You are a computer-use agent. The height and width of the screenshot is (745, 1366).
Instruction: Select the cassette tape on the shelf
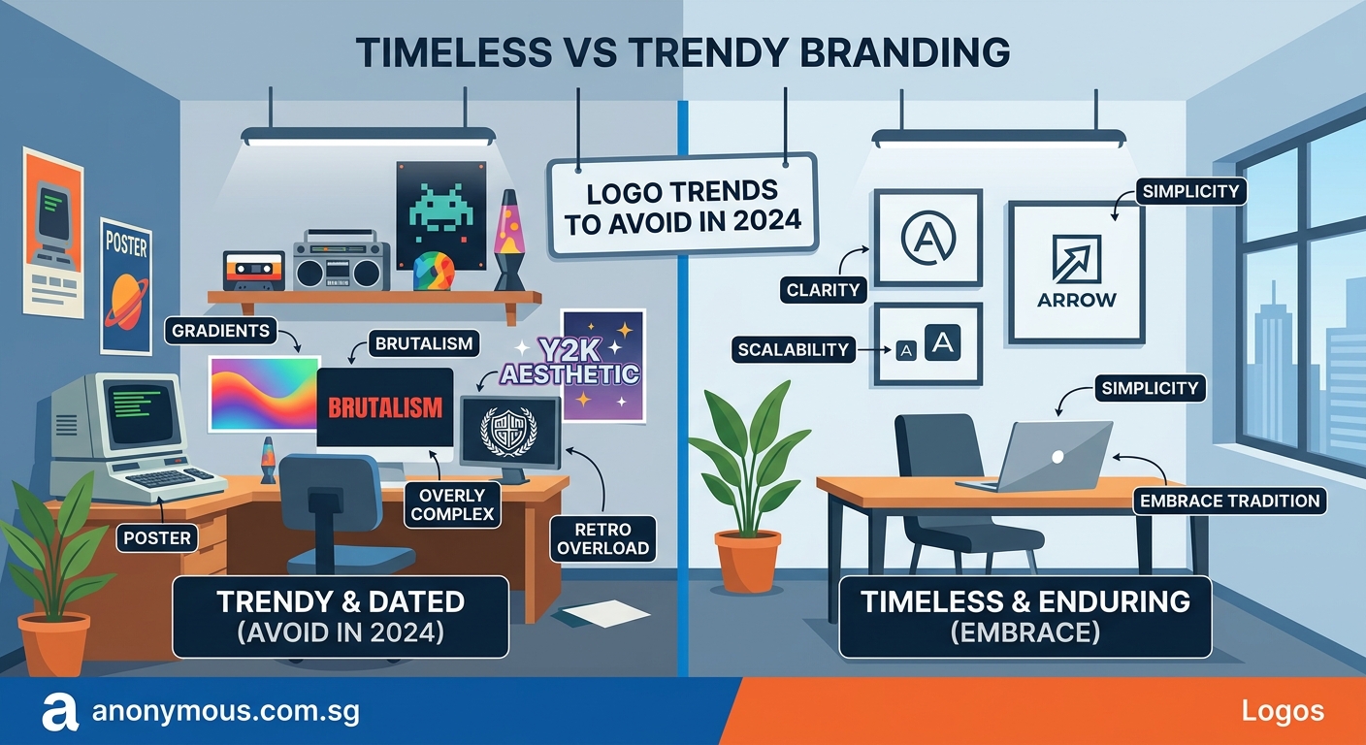click(x=253, y=270)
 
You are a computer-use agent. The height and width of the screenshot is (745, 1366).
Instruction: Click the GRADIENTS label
click(x=220, y=331)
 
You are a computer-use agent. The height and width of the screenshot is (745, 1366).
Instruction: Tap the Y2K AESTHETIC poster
click(x=602, y=366)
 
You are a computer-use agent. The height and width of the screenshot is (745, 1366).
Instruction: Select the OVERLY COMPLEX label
click(x=452, y=504)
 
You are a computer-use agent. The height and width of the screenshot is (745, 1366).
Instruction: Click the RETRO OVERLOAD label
click(x=602, y=539)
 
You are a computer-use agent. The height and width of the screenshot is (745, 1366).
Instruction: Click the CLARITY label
click(x=825, y=289)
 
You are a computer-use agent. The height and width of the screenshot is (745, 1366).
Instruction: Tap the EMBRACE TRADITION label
click(x=1229, y=501)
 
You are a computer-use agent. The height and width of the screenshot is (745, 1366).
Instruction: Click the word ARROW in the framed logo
click(x=1076, y=300)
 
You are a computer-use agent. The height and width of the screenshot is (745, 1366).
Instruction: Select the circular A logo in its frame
click(x=928, y=237)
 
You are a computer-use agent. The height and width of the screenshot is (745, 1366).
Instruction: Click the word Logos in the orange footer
click(x=1282, y=711)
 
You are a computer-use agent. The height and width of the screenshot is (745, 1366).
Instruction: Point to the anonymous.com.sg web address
click(x=225, y=712)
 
